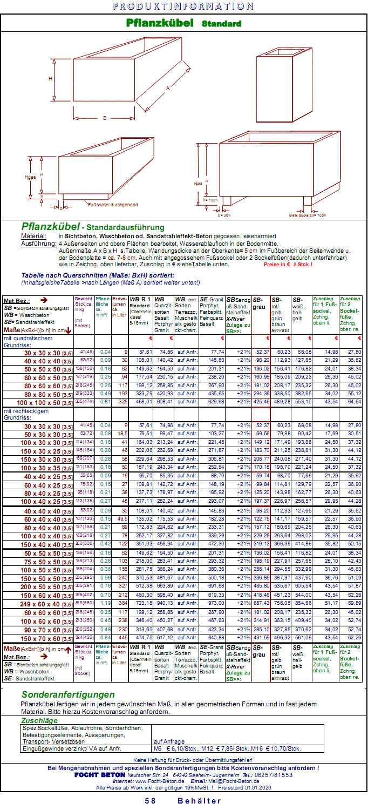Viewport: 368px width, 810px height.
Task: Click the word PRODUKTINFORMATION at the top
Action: (184, 6)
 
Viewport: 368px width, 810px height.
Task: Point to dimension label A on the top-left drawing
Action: (168, 88)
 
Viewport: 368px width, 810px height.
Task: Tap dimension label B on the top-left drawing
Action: (104, 118)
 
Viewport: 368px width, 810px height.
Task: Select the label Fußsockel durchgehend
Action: (112, 205)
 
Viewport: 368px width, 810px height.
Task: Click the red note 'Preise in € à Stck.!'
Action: (289, 265)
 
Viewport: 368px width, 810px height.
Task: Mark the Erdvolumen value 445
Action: (121, 638)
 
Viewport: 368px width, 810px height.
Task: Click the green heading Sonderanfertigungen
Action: (68, 694)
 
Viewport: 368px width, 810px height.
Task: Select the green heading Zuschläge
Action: (39, 720)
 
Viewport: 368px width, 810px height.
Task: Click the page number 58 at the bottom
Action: (150, 801)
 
